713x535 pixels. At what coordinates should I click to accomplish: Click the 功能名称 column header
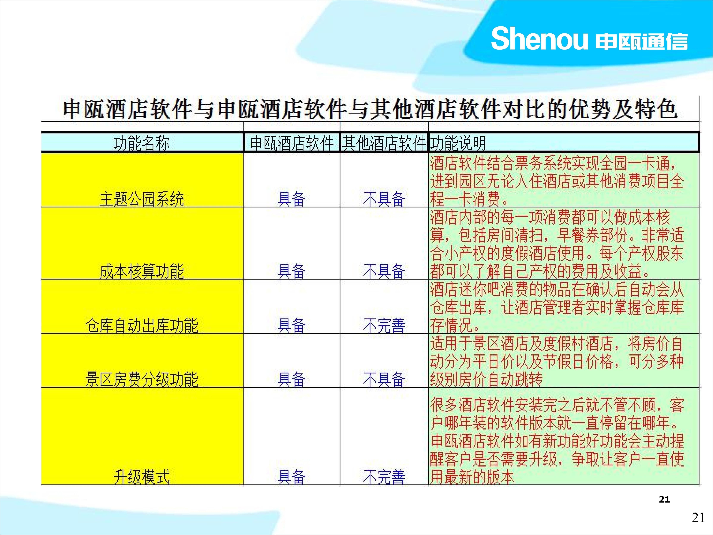click(x=142, y=143)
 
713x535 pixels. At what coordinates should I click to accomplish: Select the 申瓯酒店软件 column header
click(x=292, y=143)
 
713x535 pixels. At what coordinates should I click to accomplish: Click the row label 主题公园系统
click(x=142, y=199)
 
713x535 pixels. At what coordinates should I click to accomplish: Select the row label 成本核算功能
click(x=142, y=271)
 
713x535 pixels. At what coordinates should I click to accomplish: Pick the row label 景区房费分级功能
click(x=142, y=379)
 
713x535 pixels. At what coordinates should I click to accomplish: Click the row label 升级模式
click(x=142, y=477)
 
